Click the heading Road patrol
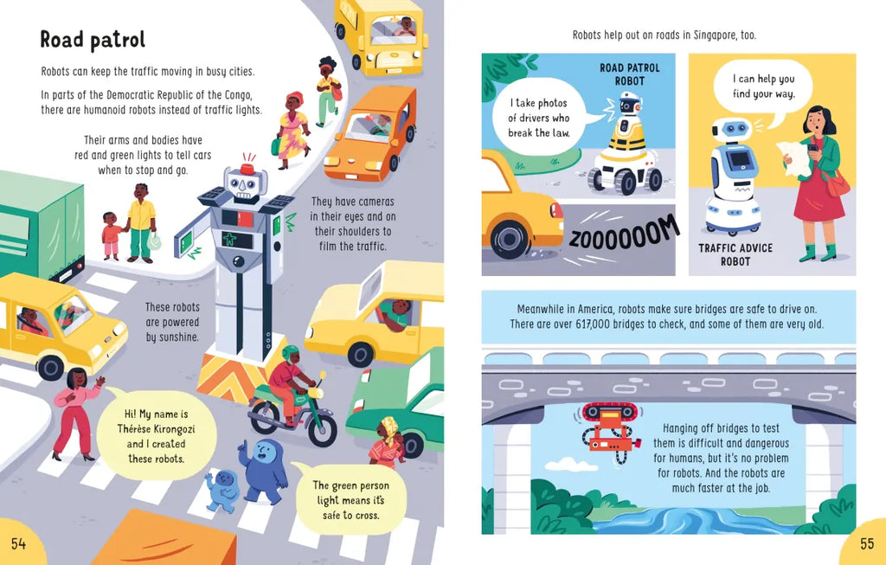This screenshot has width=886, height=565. [x=93, y=40]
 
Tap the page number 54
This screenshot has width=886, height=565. [x=19, y=543]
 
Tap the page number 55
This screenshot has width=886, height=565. [x=867, y=543]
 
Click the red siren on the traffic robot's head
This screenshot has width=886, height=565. [x=247, y=169]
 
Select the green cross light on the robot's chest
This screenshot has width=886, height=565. [x=230, y=239]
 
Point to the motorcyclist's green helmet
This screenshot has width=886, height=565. [x=291, y=353]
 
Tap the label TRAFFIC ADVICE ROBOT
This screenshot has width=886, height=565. [x=735, y=255]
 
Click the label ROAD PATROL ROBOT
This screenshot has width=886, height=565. [x=630, y=74]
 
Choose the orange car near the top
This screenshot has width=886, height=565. [x=370, y=133]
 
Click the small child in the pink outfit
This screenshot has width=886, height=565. [x=112, y=235]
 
